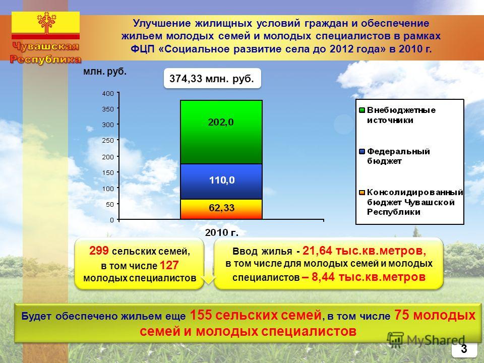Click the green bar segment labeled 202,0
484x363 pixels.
(221, 132)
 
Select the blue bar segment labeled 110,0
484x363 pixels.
(221, 181)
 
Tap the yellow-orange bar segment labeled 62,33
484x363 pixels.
(221, 209)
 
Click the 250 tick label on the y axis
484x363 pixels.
(108, 140)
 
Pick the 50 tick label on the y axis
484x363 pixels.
(110, 204)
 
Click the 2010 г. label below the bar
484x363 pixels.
(222, 233)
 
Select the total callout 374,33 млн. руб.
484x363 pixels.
(212, 79)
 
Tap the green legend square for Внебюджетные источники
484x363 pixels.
(362, 110)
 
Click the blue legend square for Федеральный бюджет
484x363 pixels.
(362, 151)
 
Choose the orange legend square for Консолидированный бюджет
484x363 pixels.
(362, 193)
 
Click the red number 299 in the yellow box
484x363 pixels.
(99, 251)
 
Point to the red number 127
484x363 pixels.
(169, 265)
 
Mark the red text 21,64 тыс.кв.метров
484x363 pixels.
(364, 251)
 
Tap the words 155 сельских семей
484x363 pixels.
(256, 315)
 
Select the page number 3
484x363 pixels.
(464, 349)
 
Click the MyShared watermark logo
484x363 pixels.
(426, 340)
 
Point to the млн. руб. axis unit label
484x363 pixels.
(105, 72)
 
